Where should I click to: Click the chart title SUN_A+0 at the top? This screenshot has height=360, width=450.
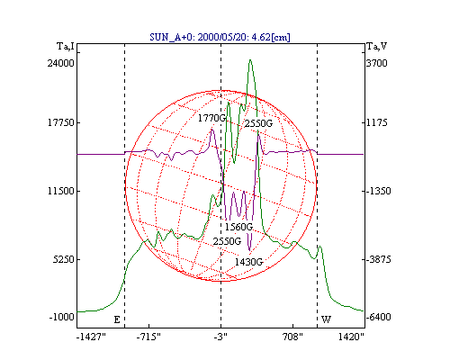click(220, 37)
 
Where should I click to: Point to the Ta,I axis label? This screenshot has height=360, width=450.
click(66, 47)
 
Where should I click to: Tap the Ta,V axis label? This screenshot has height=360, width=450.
click(377, 47)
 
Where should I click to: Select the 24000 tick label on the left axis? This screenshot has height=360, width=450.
click(61, 63)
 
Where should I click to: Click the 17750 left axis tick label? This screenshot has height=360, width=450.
click(61, 122)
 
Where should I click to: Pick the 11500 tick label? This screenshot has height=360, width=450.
click(61, 191)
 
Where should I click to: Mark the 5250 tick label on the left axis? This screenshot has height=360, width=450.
click(63, 259)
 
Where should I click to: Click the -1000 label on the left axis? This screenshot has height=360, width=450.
click(61, 317)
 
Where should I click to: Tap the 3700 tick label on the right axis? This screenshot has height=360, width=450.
click(377, 63)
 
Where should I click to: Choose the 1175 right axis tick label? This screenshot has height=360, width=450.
click(377, 122)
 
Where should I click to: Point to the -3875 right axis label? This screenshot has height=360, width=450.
click(379, 259)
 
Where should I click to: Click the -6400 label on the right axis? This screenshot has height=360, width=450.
click(379, 317)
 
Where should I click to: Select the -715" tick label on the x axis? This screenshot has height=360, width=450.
click(148, 337)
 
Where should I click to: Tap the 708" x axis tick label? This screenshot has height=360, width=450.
click(292, 337)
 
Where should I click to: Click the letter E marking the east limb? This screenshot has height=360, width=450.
click(117, 319)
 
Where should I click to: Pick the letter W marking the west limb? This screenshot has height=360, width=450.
click(326, 319)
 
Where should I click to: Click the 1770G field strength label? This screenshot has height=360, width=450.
click(211, 118)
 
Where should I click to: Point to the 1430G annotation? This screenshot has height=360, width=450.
click(248, 262)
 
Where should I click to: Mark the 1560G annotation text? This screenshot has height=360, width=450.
click(238, 227)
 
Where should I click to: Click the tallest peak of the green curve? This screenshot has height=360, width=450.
click(250, 60)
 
